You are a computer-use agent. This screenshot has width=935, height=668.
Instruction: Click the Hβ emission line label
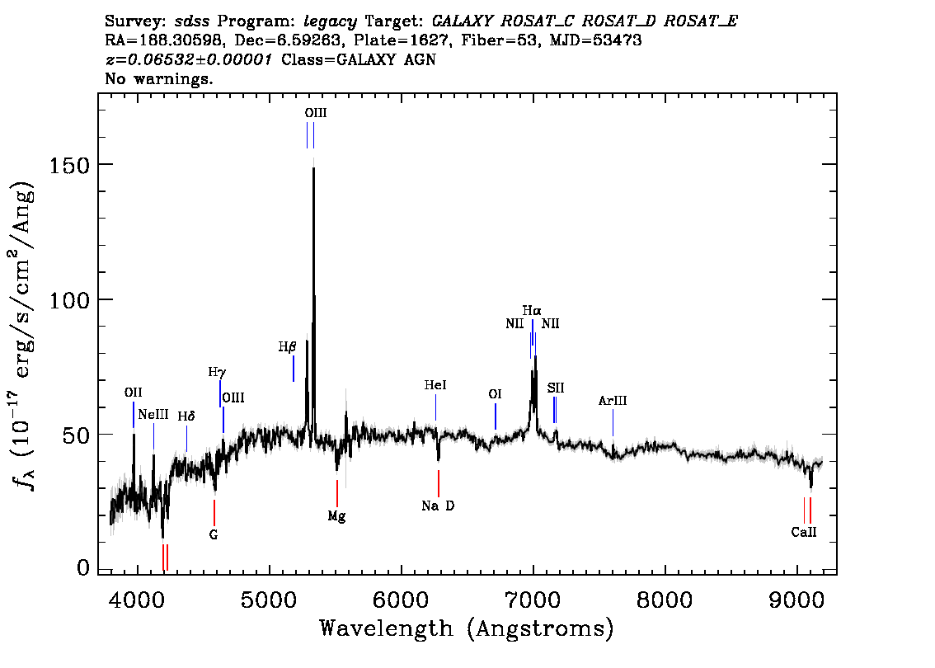click(287, 346)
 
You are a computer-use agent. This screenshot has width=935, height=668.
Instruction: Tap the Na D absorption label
click(438, 506)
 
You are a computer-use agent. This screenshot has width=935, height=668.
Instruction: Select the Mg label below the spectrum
click(336, 516)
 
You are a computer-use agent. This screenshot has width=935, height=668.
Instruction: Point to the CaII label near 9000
click(804, 532)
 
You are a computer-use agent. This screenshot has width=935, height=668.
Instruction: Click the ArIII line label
click(613, 400)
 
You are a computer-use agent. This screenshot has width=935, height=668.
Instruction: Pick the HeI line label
click(435, 385)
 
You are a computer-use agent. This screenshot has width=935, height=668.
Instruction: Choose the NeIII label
click(153, 415)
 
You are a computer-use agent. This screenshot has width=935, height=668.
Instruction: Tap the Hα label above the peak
click(532, 311)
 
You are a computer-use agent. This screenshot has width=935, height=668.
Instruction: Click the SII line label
click(555, 388)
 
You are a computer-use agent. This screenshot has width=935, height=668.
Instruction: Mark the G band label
click(214, 535)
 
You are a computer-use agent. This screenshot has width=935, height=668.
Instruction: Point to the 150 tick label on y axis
click(69, 165)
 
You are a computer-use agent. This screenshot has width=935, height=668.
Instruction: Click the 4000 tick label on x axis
click(137, 600)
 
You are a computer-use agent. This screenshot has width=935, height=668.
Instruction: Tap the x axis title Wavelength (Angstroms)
click(467, 628)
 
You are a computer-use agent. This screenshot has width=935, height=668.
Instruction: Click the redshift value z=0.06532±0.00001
click(189, 59)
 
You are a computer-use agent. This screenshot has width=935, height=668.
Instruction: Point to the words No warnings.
click(158, 78)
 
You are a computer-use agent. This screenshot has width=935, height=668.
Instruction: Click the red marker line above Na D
click(439, 483)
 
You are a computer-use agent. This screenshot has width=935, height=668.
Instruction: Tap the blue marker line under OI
click(495, 416)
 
